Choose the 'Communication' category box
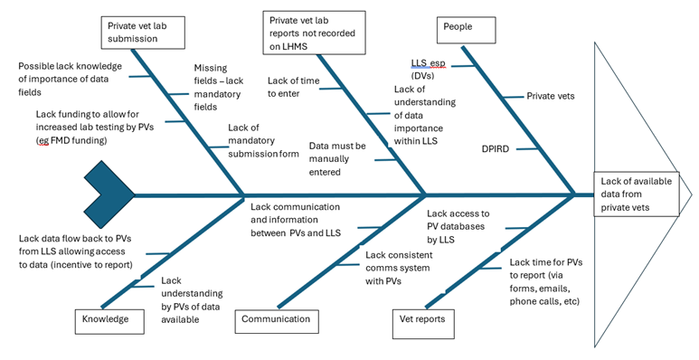pos(278,318)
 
